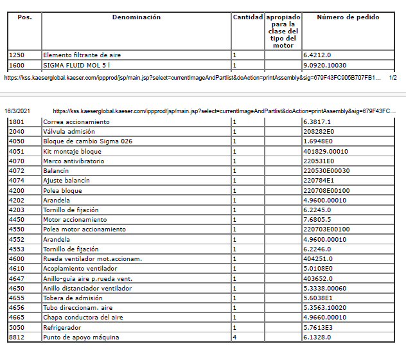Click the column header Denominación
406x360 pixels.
click(x=136, y=17)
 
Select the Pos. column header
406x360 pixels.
click(x=24, y=17)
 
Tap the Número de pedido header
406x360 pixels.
click(x=348, y=17)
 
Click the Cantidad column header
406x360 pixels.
click(x=247, y=17)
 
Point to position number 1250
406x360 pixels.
click(x=17, y=55)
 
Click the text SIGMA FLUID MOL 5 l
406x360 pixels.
click(x=76, y=65)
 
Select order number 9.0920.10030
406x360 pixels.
click(x=328, y=65)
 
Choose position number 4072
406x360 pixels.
click(x=17, y=170)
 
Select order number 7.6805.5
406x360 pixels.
click(x=317, y=219)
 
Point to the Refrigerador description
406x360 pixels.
click(x=63, y=327)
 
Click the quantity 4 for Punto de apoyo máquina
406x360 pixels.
click(x=234, y=337)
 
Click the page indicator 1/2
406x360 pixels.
click(x=393, y=77)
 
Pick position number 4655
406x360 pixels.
click(x=17, y=298)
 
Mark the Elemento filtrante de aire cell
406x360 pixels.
click(x=82, y=55)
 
